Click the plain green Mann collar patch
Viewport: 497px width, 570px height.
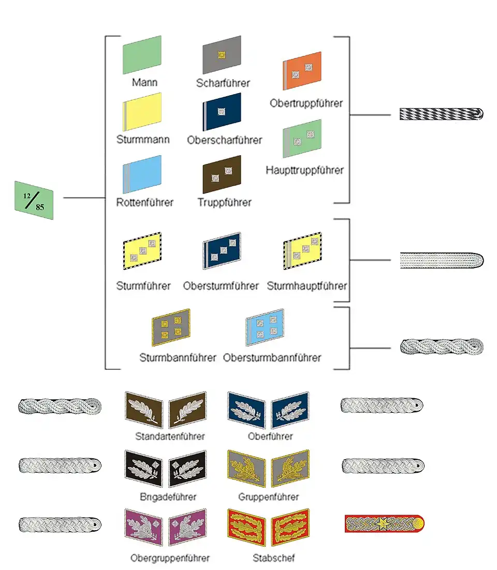pos(142,55)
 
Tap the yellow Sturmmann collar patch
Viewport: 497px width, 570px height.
pos(142,112)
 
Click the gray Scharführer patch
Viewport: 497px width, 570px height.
pos(222,54)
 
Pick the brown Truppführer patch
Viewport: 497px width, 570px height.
pos(222,174)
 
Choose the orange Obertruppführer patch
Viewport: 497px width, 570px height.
pos(302,71)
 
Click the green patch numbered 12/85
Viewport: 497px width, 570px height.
pos(34,200)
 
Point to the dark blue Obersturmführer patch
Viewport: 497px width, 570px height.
pos(222,251)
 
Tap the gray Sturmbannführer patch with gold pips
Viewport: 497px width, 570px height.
pos(171,327)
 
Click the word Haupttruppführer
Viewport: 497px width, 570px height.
pos(304,170)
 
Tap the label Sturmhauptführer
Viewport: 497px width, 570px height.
pos(307,286)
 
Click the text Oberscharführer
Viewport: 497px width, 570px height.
pos(225,140)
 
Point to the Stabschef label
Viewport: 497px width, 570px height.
pos(274,558)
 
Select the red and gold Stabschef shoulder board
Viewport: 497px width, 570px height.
pos(384,524)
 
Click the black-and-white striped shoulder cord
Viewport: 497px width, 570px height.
pos(441,114)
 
